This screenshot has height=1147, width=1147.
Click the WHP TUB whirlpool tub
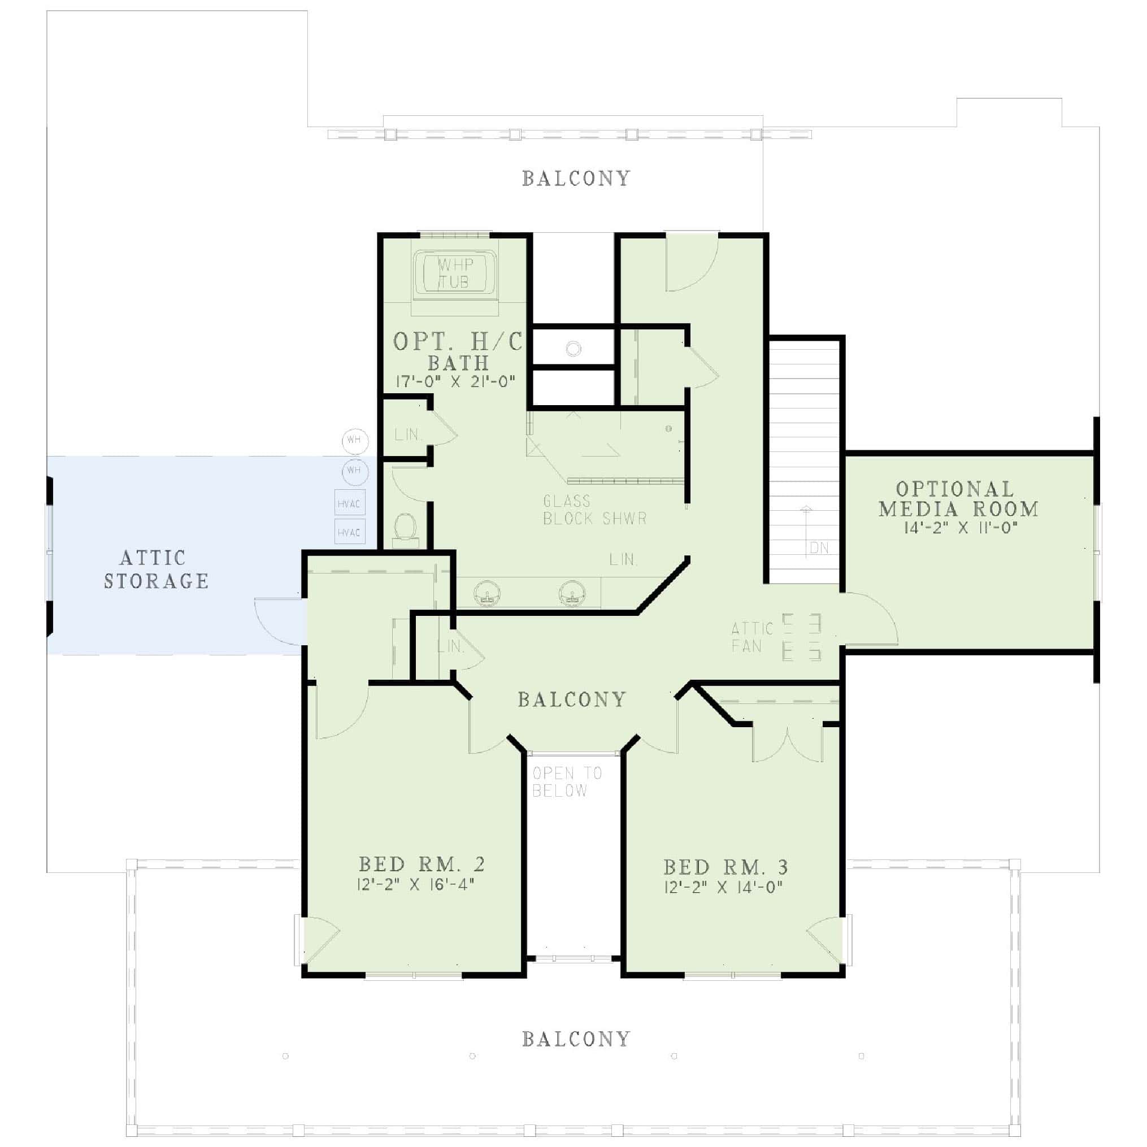tap(455, 273)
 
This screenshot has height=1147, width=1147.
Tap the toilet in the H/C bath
tap(406, 527)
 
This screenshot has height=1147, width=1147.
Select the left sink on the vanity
tap(488, 594)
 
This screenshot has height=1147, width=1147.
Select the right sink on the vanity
tap(572, 594)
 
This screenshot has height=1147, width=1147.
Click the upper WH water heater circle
tap(355, 441)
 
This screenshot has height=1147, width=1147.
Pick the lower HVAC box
tap(349, 532)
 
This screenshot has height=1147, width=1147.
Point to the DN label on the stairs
tap(819, 548)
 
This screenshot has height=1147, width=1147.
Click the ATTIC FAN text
tap(752, 637)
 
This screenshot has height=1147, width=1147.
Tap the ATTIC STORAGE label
tap(156, 570)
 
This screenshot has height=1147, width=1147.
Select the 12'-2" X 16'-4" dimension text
tap(416, 885)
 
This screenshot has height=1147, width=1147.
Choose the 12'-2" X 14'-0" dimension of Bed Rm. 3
tap(724, 887)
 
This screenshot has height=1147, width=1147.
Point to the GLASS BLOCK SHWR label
tap(594, 510)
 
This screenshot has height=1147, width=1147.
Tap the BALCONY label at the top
tap(576, 179)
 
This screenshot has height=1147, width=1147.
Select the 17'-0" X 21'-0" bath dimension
tap(455, 382)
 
